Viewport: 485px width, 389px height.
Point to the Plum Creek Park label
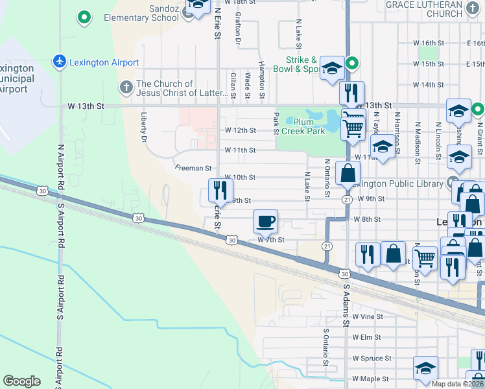(x=308, y=126)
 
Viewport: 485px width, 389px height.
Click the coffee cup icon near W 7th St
(x=265, y=222)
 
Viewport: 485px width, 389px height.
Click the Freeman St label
(x=194, y=167)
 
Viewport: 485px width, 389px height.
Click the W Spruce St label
(x=372, y=358)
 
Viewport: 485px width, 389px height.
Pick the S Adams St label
(x=346, y=305)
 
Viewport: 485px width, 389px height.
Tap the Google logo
(x=21, y=381)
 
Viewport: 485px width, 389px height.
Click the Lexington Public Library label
(x=401, y=184)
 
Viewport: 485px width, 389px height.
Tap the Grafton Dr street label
(x=238, y=29)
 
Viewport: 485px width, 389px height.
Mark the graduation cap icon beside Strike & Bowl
(x=331, y=69)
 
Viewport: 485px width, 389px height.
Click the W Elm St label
(x=366, y=337)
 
